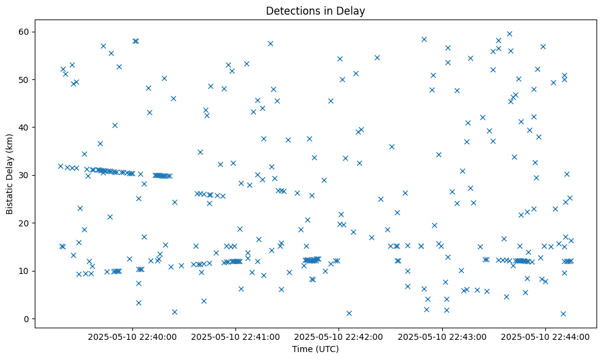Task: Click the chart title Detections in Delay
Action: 315,11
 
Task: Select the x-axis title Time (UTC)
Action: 315,350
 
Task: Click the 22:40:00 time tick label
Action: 132,336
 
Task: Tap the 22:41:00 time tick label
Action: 235,336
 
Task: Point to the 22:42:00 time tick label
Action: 339,336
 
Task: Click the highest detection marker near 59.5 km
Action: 509,34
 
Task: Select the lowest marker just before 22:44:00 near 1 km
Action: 563,314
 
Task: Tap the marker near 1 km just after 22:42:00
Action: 349,313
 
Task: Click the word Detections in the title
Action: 289,11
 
